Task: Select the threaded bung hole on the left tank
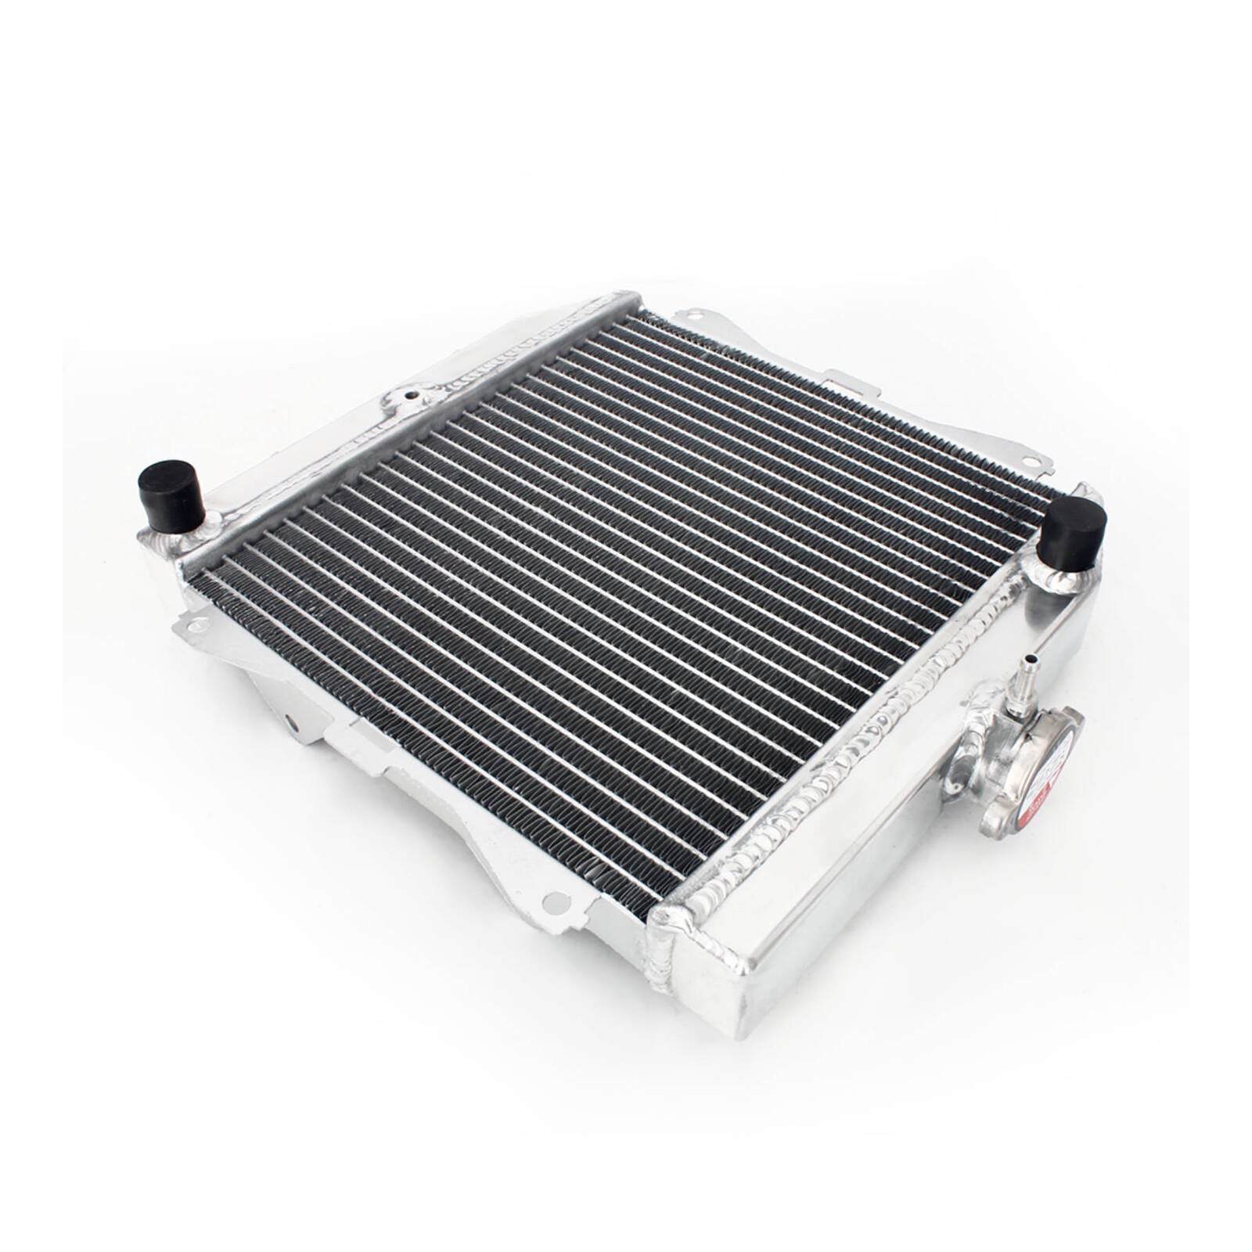[408, 397]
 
